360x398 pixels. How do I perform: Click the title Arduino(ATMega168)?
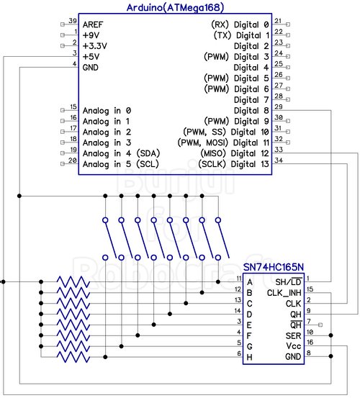tap(175, 7)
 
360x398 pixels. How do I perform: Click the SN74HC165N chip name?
tap(273, 267)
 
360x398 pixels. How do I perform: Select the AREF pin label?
tap(93, 24)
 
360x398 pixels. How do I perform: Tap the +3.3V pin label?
tap(95, 46)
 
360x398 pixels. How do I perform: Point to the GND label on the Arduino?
tap(91, 68)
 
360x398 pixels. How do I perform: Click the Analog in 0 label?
tap(107, 111)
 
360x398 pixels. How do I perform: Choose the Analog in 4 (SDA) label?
tap(122, 153)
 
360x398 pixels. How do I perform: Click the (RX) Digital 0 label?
tap(240, 24)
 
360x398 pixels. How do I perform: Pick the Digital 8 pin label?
tap(251, 111)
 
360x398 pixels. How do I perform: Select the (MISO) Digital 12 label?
tap(235, 153)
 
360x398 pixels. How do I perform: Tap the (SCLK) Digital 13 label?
tap(233, 164)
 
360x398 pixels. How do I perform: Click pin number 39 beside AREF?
tap(73, 21)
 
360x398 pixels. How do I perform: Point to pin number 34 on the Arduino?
tap(279, 160)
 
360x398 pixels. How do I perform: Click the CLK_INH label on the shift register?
tap(284, 293)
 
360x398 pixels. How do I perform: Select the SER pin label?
tap(293, 336)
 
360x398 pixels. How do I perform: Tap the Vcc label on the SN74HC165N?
tap(294, 346)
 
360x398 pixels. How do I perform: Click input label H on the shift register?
tap(250, 357)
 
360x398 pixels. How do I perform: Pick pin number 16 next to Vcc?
tap(310, 343)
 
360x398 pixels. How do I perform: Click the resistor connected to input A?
tap(73, 281)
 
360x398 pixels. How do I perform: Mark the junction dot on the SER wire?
tap(330, 335)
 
